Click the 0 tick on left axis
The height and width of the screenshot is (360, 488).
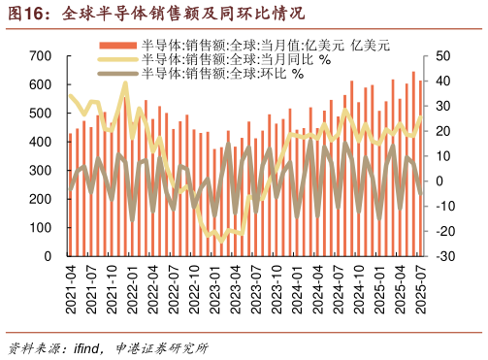coord(48,256)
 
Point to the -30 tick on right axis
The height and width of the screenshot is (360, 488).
coord(447,256)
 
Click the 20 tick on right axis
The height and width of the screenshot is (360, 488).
coord(444,131)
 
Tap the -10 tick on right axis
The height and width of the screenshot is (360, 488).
coord(447,206)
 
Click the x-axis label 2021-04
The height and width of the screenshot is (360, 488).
coord(71,289)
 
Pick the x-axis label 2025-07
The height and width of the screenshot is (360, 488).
coord(420,289)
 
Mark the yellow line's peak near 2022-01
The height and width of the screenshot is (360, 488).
coord(125,84)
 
